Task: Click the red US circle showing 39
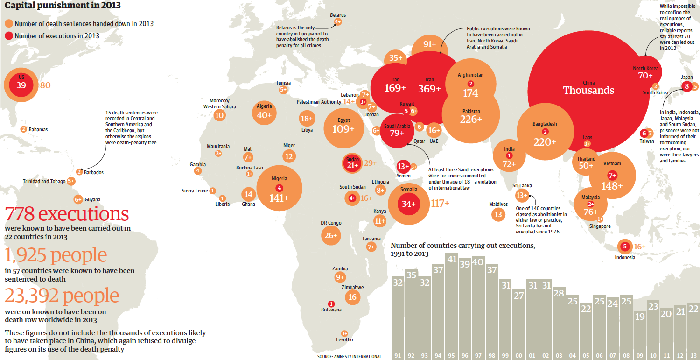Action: coord(21,85)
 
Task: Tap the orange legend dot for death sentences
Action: coord(8,24)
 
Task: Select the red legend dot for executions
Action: coord(8,36)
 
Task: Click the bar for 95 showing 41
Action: coord(451,306)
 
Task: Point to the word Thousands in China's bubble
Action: coord(588,91)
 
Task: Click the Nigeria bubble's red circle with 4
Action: coord(280,188)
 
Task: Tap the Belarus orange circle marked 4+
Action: coord(338,21)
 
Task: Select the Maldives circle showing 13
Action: coord(498,214)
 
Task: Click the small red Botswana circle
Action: coord(331,304)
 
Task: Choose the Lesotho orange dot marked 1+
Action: coord(344,333)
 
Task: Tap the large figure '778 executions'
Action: coord(67,214)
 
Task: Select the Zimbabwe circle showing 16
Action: coord(352,297)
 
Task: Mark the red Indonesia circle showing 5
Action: coord(624,247)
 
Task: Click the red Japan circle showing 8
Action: coord(686,86)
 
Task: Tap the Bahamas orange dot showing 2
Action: coord(23,129)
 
